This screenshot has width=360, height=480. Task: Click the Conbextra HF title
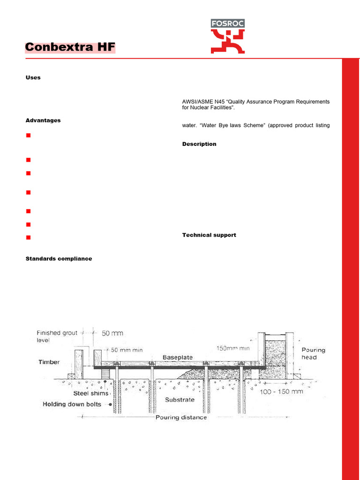click(x=70, y=47)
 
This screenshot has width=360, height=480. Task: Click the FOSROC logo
click(x=227, y=36)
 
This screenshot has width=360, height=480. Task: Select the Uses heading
click(x=33, y=77)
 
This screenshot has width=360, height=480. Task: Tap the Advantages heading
click(x=43, y=120)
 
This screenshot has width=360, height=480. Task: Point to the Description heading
click(x=199, y=144)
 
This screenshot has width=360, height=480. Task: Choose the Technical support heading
click(x=209, y=235)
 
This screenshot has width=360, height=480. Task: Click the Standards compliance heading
click(x=59, y=259)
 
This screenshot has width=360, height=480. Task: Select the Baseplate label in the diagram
click(x=178, y=357)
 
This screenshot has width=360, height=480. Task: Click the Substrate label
click(x=180, y=400)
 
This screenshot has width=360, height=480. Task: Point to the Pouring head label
click(x=313, y=353)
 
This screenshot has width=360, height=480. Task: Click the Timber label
click(x=49, y=362)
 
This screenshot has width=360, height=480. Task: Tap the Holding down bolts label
click(x=72, y=404)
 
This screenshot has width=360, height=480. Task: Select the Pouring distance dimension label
click(x=181, y=417)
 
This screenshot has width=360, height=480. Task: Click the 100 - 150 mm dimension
click(x=281, y=391)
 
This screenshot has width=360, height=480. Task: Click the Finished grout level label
click(x=56, y=337)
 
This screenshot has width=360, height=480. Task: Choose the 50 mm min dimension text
click(x=128, y=350)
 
